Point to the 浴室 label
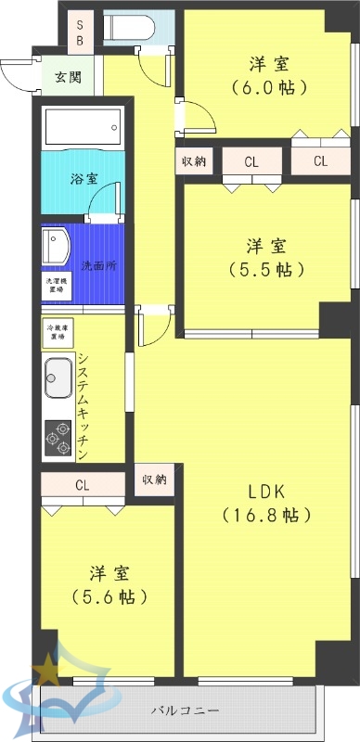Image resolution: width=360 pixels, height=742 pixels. (84, 179)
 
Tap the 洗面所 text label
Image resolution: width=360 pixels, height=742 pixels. (98, 265)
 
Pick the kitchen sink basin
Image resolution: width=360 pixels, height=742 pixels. (58, 377)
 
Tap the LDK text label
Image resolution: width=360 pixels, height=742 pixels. (264, 489)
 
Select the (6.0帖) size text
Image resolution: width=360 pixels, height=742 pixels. (268, 88)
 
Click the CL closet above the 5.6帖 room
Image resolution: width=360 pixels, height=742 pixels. (82, 484)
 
